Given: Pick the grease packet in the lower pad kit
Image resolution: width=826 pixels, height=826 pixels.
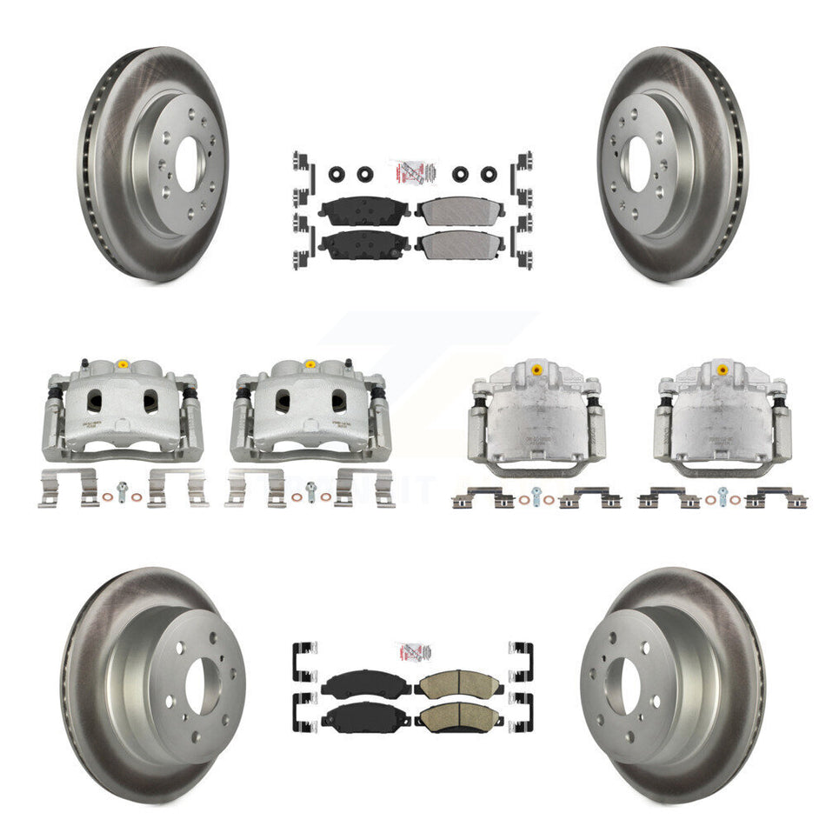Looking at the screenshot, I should [x=412, y=651].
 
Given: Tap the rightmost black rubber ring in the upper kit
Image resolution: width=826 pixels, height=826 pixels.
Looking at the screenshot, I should [x=489, y=173].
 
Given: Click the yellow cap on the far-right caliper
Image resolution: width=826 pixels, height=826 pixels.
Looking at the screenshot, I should [x=721, y=370].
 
